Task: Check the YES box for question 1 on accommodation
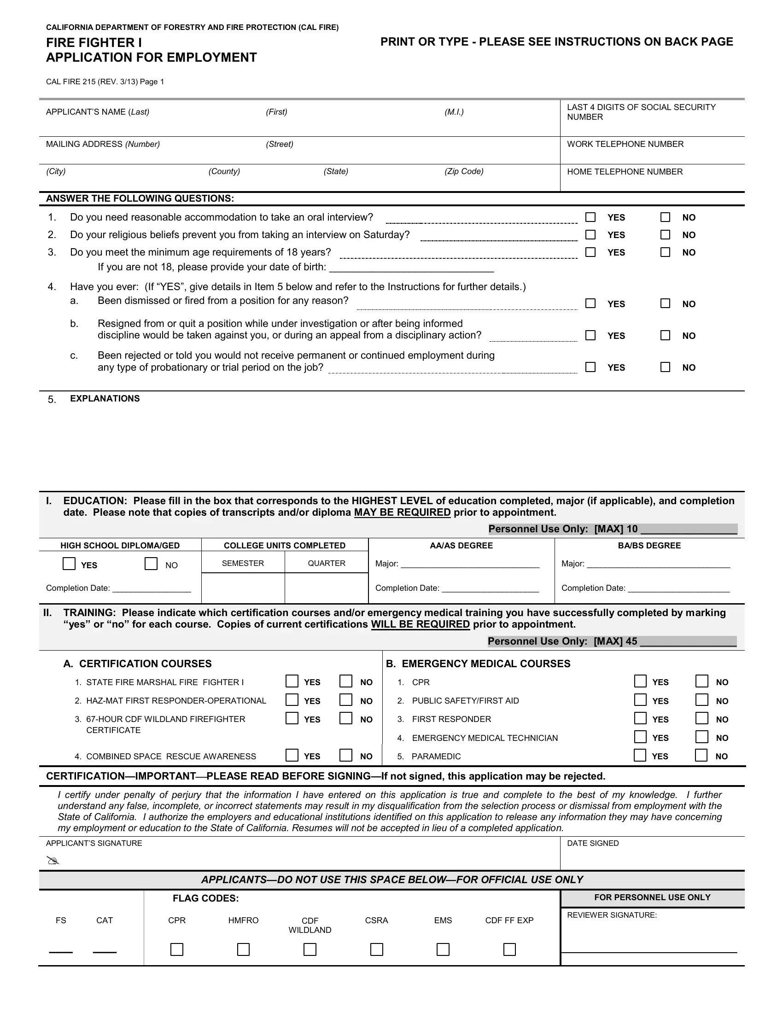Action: pyautogui.click(x=590, y=217)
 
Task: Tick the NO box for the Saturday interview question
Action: pyautogui.click(x=665, y=235)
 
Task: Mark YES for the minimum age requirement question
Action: pyautogui.click(x=590, y=252)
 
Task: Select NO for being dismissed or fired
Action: pyautogui.click(x=665, y=303)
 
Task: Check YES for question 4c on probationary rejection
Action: pyautogui.click(x=590, y=367)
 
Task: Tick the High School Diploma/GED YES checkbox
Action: pyautogui.click(x=69, y=564)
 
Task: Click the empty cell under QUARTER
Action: pyautogui.click(x=326, y=588)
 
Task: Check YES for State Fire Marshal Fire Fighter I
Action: pyautogui.click(x=292, y=681)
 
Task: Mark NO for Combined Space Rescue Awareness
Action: pyautogui.click(x=345, y=755)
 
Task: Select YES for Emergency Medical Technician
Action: pyautogui.click(x=640, y=737)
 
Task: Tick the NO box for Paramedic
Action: pyautogui.click(x=701, y=755)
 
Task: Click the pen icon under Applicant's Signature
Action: pyautogui.click(x=53, y=862)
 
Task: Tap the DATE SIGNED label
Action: pyautogui.click(x=592, y=843)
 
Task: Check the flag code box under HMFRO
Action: pyautogui.click(x=243, y=949)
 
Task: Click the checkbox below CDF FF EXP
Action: pyautogui.click(x=509, y=949)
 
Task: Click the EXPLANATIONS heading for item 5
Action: pyautogui.click(x=105, y=398)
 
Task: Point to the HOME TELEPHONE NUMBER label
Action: pyautogui.click(x=625, y=172)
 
